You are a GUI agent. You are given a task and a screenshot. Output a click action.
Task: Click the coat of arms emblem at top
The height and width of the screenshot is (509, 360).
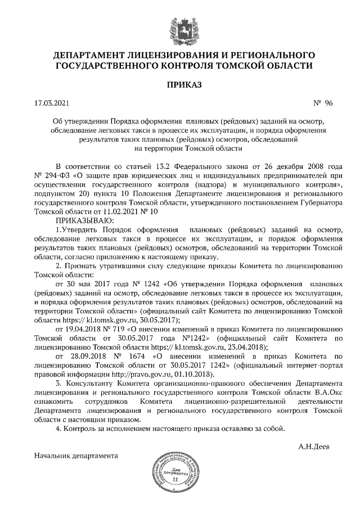point(179,27)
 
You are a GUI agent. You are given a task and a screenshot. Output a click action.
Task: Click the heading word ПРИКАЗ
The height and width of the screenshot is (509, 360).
point(180,85)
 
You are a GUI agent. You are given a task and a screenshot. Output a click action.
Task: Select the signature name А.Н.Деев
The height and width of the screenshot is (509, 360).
point(314,447)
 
